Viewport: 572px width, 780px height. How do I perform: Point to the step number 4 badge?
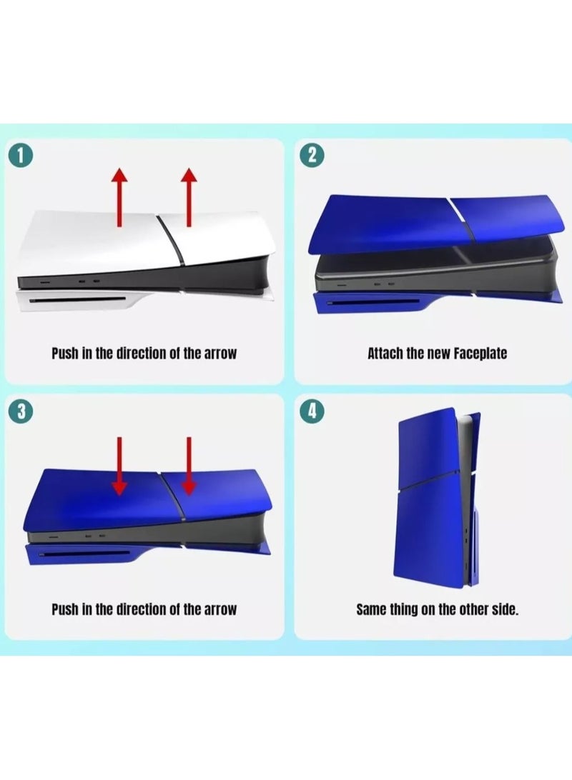click(311, 411)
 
